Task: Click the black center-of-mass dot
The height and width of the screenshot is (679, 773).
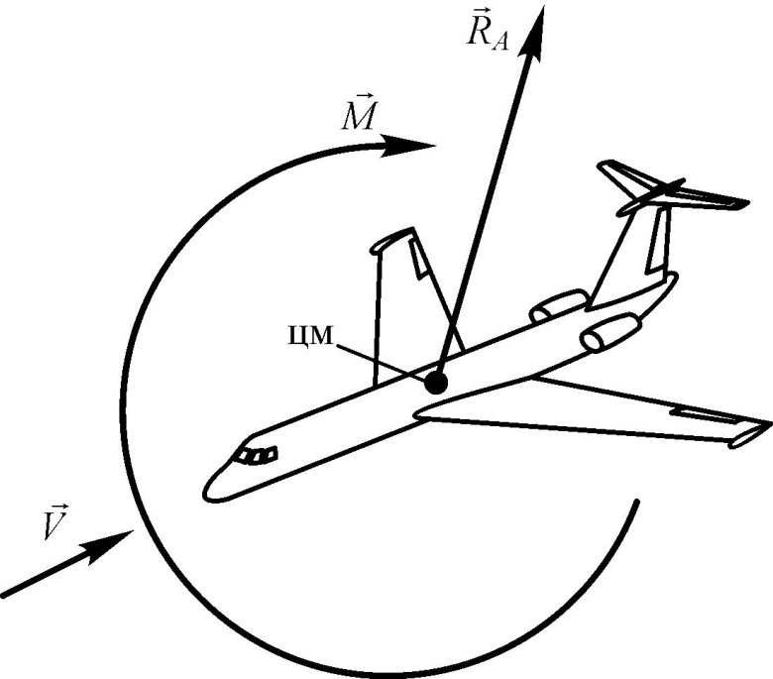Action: pos(436,383)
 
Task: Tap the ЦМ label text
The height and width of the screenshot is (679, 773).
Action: pos(310,336)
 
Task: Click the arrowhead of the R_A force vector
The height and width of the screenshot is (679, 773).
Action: pos(534,33)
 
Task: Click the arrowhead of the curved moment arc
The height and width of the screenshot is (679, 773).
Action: pos(407,146)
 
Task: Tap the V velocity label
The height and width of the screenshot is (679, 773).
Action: pos(55,521)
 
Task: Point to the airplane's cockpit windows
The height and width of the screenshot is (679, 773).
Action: pos(257,455)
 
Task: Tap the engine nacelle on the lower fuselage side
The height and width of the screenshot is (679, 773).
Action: pos(610,333)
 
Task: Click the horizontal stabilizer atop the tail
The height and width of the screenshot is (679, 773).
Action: pos(673,187)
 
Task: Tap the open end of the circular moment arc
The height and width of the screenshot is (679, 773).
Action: pos(637,502)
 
